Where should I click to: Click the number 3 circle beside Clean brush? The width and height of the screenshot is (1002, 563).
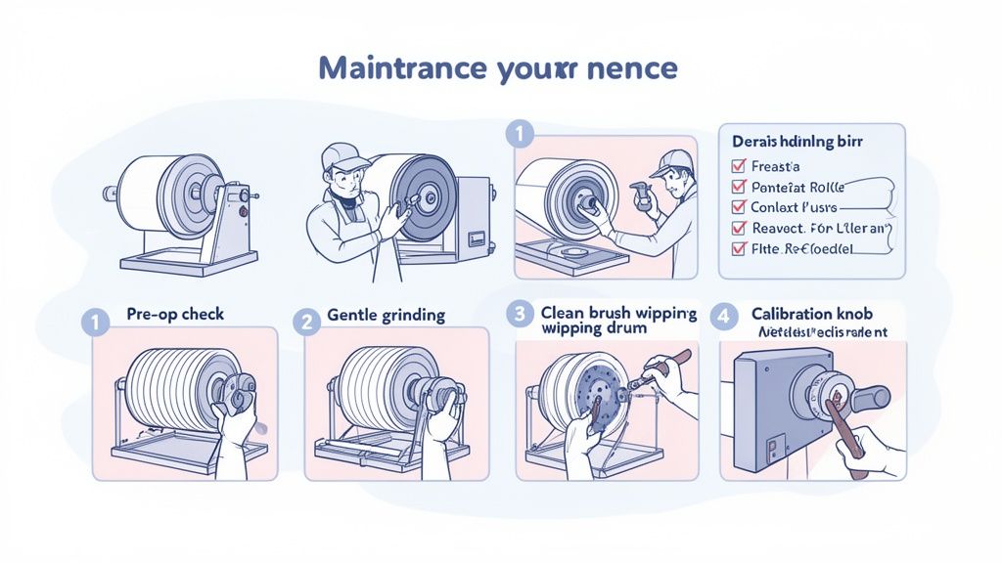click(x=519, y=315)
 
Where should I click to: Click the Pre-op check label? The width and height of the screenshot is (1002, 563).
click(x=175, y=315)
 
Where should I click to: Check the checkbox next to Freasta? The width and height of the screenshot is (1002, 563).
click(x=739, y=167)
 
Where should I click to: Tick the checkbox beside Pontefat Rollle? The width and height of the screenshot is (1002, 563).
click(x=739, y=187)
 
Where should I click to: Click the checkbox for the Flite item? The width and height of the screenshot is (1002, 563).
click(x=739, y=248)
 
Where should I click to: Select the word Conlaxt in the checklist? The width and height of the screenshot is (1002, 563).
click(x=775, y=207)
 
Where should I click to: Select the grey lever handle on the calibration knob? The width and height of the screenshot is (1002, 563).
click(x=870, y=397)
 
